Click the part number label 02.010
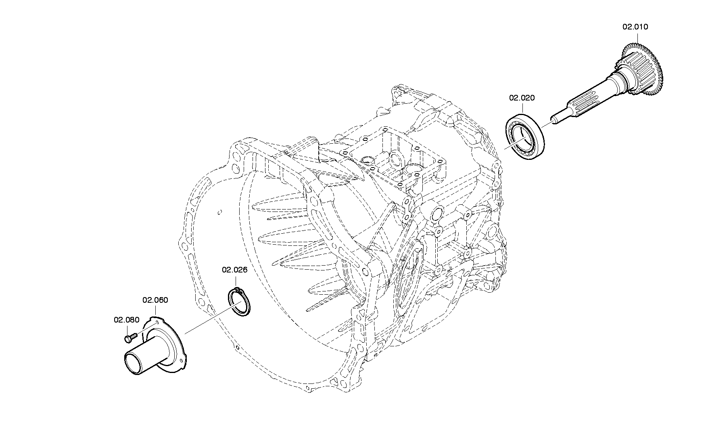pos(635,27)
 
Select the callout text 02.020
pos(522,98)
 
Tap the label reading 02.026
pos(234,270)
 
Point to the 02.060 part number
pos(155,300)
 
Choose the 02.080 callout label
pos(126,320)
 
